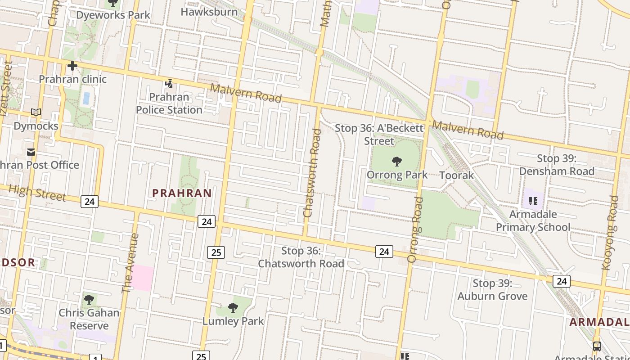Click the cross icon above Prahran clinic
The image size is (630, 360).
72,66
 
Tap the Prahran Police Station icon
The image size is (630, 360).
169,83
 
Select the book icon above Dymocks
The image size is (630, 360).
36,112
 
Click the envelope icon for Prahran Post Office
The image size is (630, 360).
31,152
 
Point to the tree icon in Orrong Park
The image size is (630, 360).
396,161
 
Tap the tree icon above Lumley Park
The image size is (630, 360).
233,308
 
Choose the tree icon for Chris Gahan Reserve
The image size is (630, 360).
89,299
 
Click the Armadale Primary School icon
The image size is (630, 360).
533,201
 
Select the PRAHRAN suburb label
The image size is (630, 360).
182,193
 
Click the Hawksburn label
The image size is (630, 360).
209,12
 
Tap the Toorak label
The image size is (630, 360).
456,175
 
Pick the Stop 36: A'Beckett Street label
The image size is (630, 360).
379,134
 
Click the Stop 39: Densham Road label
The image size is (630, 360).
557,165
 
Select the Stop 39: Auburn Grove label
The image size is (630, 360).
492,290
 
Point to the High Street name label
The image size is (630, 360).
37,193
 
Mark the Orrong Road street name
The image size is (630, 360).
415,229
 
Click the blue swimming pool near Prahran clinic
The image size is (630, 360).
86,99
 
